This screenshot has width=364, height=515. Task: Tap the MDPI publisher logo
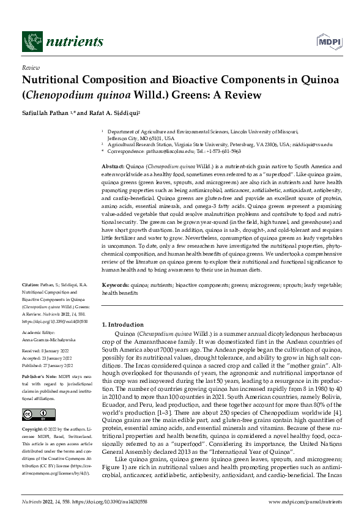328,41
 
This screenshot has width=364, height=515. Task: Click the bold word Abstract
113,167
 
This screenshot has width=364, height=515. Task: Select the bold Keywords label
115,286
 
